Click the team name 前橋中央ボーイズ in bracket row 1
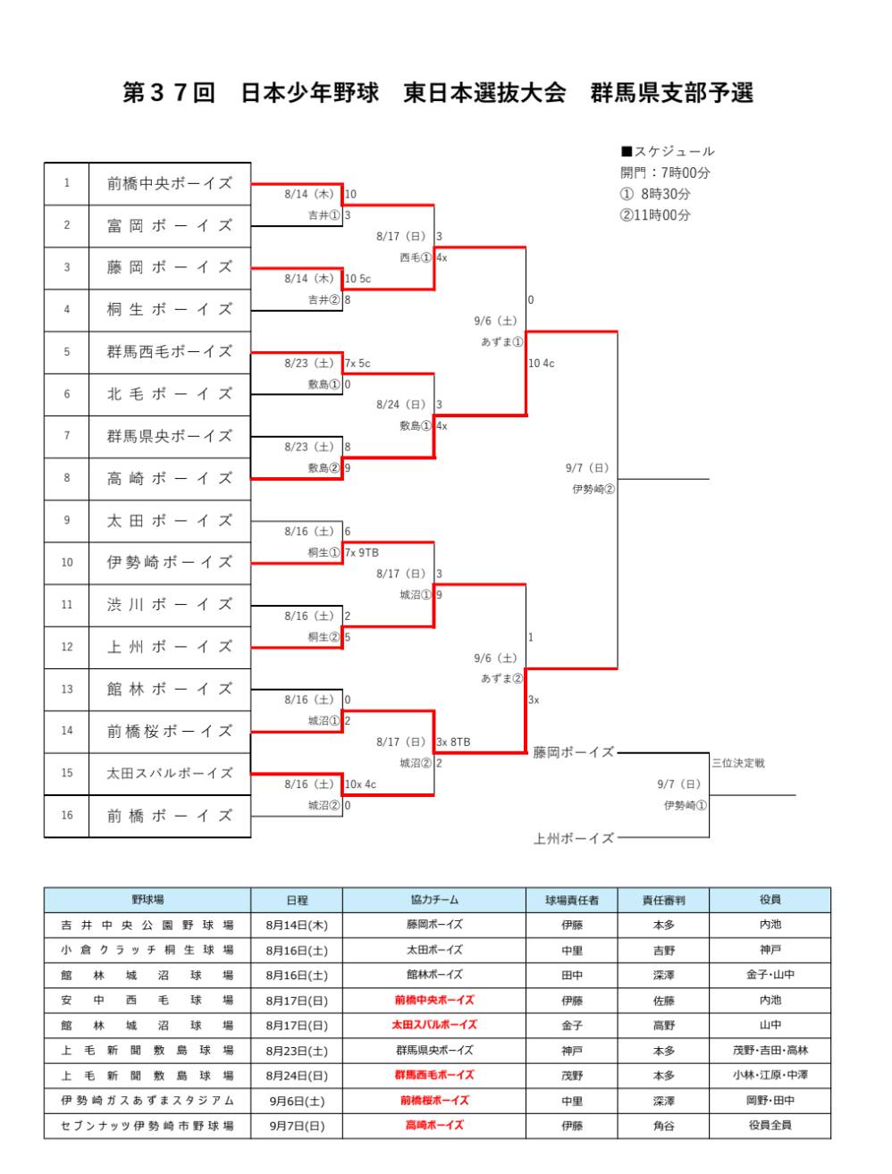coord(169,183)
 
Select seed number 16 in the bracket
coord(67,816)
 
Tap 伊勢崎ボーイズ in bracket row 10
coord(169,562)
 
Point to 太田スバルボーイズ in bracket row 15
coord(169,774)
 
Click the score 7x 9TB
coord(362,553)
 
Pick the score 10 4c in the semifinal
coord(542,364)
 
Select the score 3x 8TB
coord(453,742)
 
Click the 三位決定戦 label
coord(738,764)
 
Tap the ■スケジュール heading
coord(668,152)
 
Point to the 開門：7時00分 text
coord(665,173)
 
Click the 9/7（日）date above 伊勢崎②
coord(587,468)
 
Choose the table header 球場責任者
coord(572,900)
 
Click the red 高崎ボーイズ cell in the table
coord(434,1126)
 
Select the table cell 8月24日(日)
coord(297,1076)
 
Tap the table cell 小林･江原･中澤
coord(770,1076)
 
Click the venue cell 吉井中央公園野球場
coord(147,926)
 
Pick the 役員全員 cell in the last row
coord(770,1126)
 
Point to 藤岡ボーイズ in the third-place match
coord(573,753)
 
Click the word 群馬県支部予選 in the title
coord(671,93)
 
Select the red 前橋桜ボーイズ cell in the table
coord(434,1101)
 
